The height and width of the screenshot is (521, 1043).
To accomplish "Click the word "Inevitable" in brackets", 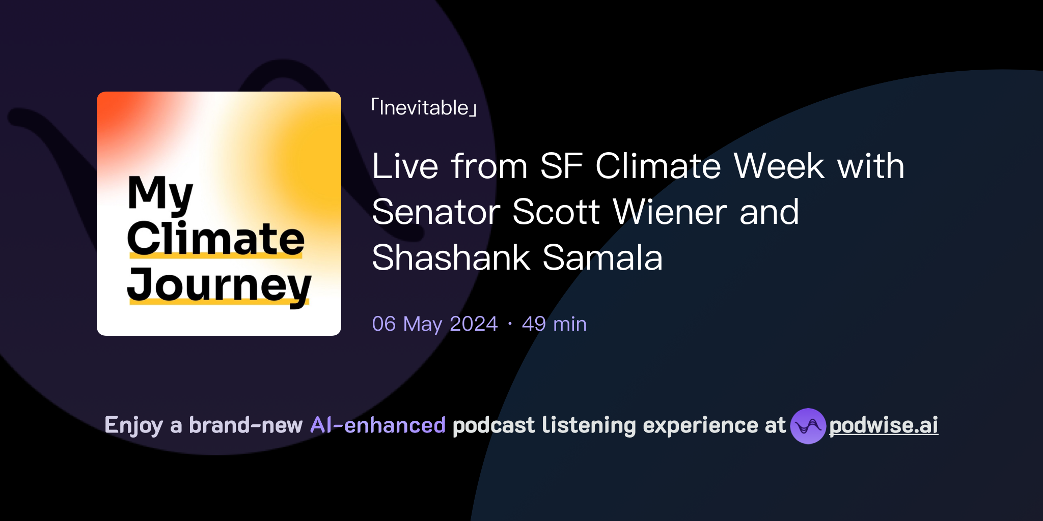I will click(424, 108).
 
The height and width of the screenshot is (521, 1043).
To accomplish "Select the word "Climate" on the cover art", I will click(215, 239).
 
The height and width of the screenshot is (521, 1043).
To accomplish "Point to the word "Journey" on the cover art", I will click(219, 285).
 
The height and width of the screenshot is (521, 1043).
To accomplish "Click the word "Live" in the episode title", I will click(405, 166).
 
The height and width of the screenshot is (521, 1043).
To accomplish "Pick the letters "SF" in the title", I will click(561, 166).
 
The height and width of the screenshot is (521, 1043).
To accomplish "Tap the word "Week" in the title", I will click(779, 166).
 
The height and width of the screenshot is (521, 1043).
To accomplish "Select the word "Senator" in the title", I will click(435, 212).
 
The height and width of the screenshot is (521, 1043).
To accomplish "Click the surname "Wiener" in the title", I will click(670, 212).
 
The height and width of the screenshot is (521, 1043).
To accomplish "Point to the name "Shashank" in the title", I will click(451, 258).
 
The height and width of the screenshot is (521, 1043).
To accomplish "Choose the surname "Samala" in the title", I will click(602, 258).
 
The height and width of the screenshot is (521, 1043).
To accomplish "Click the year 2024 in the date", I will click(474, 324).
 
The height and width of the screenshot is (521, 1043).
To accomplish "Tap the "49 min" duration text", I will click(554, 324).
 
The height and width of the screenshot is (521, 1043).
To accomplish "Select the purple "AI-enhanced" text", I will click(378, 425).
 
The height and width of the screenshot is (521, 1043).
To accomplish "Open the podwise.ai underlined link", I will click(884, 425).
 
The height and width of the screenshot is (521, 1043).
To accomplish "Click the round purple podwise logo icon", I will click(808, 426).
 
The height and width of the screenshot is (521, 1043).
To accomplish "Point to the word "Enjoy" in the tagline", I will click(134, 425).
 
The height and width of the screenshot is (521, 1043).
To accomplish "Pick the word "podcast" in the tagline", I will click(493, 425).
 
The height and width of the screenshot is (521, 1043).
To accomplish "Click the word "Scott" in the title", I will click(556, 212).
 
